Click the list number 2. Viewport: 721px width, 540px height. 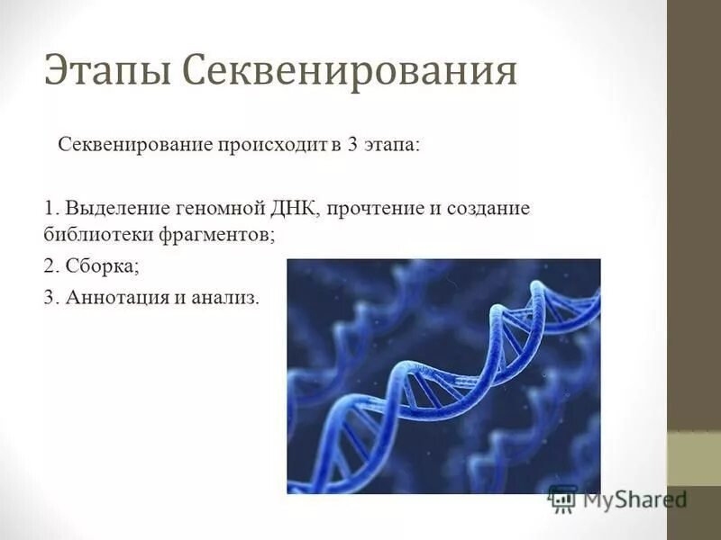[x=50, y=266]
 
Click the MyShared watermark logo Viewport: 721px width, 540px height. [x=617, y=498]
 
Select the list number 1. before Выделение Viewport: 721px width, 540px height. [x=50, y=209]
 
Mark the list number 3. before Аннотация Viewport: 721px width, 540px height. [x=50, y=299]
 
